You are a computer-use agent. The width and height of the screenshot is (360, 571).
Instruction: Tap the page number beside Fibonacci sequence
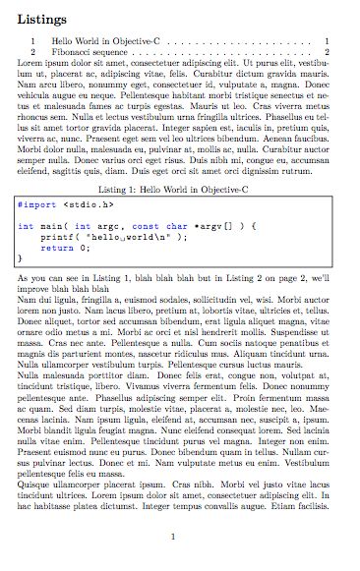[x=326, y=50]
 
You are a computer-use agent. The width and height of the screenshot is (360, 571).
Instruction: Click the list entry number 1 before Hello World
[x=34, y=40]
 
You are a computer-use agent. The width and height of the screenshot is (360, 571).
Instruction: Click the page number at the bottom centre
[x=172, y=537]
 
